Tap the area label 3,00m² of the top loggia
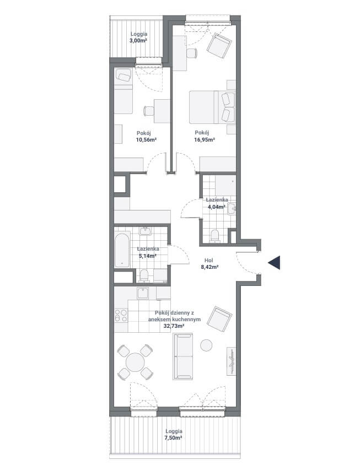coord(138,41)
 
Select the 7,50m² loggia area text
coord(174,437)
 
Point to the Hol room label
coord(208,261)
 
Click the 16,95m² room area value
coord(205,140)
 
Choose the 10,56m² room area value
coord(146,140)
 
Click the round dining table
coord(135,362)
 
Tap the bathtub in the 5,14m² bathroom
coord(122,250)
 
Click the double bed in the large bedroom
coord(212,107)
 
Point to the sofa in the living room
coord(183,356)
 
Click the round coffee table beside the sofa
coord(206,345)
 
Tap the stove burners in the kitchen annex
coord(121,315)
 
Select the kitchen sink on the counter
coord(143,293)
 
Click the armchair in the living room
coord(219,319)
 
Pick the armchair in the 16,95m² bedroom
coord(219,45)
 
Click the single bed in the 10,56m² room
coord(123,91)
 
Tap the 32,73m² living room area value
coord(174,326)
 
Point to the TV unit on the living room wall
coord(232,361)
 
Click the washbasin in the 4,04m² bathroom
coord(232,209)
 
